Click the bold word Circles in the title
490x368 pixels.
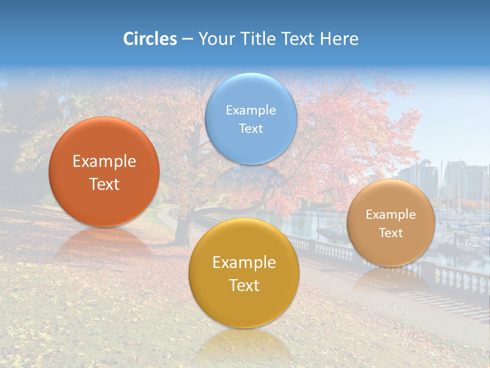(150, 39)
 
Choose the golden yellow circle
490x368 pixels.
(244, 307)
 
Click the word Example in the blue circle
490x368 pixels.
(251, 110)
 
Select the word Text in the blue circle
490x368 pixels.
(251, 128)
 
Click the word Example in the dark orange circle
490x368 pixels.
(104, 162)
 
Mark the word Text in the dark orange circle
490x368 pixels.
(104, 184)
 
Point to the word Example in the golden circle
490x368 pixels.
(244, 263)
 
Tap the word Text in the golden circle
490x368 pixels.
(244, 285)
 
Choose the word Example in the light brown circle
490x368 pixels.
(390, 215)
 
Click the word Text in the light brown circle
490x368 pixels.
(390, 233)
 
